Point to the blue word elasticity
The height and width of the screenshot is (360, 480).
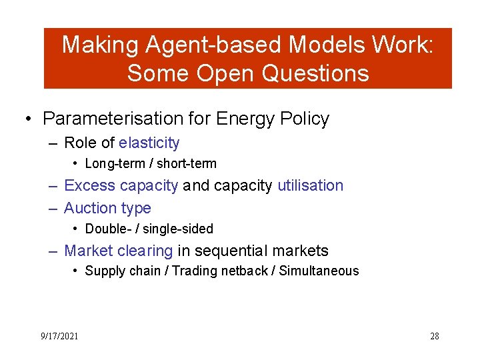click(149, 143)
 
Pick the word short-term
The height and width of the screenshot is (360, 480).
click(187, 163)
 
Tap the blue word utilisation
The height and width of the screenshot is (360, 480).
click(310, 185)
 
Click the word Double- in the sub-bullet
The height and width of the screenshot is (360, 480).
click(107, 229)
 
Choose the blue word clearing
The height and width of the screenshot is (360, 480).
click(145, 251)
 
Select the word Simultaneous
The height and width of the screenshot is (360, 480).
click(319, 271)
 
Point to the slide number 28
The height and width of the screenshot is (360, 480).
click(434, 336)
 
